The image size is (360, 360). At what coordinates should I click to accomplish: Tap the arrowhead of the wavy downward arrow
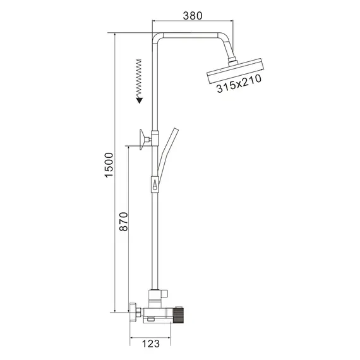point(138,99)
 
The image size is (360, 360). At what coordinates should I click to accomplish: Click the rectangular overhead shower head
point(234,73)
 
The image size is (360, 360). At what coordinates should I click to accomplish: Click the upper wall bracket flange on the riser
point(144,137)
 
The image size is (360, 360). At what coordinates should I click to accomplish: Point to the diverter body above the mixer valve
point(157,294)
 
